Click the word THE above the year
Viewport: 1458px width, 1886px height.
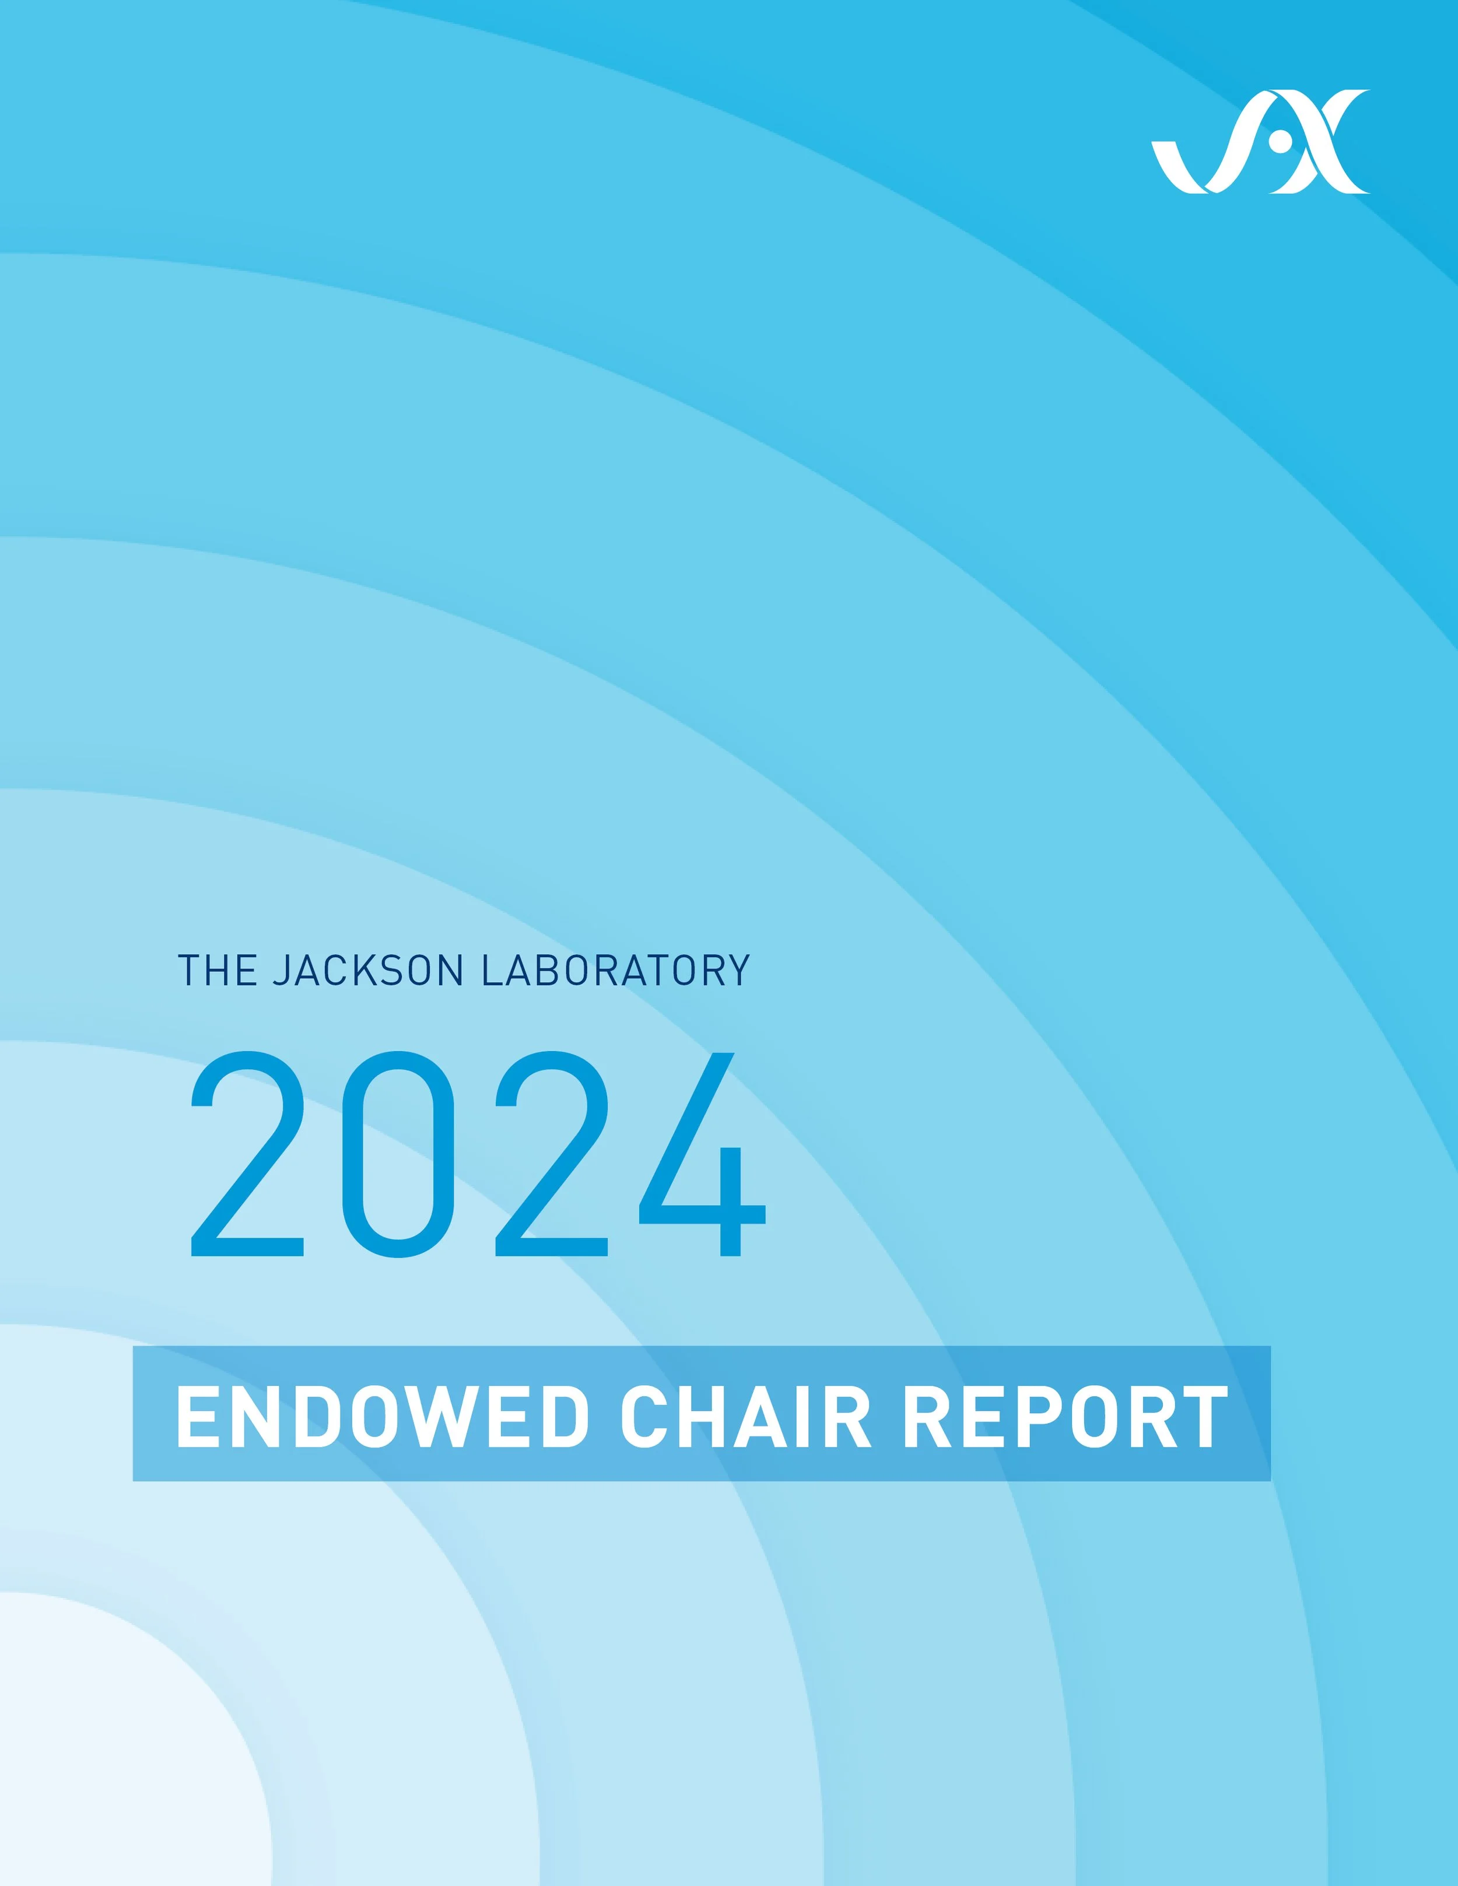(x=218, y=971)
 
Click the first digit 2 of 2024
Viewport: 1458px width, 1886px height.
(x=248, y=1154)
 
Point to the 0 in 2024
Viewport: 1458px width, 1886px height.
(x=398, y=1154)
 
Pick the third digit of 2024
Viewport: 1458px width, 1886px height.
(x=552, y=1154)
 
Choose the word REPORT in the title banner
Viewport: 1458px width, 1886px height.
(x=1065, y=1417)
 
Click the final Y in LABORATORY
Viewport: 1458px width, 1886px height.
(x=738, y=971)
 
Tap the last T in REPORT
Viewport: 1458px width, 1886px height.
(x=1203, y=1417)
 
